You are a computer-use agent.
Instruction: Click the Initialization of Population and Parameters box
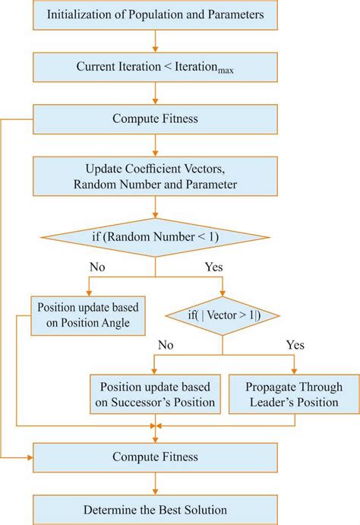pos(155,15)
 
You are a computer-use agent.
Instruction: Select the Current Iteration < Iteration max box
pos(155,67)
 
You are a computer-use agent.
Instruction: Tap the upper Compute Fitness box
pos(155,119)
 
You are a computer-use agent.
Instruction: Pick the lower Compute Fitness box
pos(155,457)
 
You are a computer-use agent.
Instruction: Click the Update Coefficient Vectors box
pos(155,176)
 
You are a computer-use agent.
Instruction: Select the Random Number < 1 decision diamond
pos(155,237)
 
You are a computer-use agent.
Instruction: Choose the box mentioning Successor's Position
pos(155,394)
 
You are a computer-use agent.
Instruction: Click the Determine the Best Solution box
pos(155,509)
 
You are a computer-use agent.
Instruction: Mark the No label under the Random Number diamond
pos(97,267)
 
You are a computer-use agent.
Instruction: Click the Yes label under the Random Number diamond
pos(215,267)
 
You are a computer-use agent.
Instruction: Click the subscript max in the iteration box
pos(224,71)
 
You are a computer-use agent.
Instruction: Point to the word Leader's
pos(267,402)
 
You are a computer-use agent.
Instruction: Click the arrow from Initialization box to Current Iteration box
pos(155,40)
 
